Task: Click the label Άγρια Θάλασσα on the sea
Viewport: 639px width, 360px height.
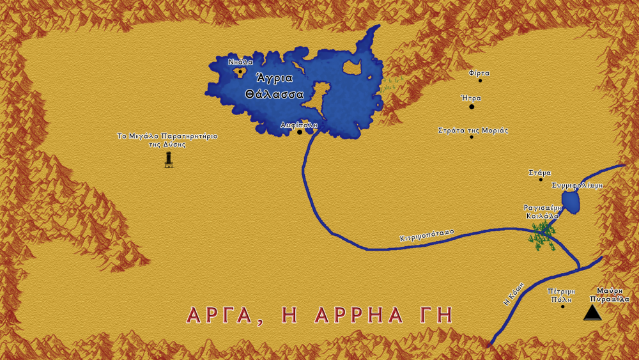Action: (274, 86)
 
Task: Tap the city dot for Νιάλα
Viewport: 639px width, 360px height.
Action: (240, 72)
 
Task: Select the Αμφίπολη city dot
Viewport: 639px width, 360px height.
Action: (299, 132)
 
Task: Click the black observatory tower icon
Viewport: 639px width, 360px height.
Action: (169, 160)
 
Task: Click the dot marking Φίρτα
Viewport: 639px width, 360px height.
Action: (480, 81)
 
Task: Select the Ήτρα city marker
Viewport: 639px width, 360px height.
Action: (472, 107)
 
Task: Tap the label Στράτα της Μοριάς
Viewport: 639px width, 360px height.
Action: (472, 130)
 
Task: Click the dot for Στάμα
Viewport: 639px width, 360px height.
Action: (541, 180)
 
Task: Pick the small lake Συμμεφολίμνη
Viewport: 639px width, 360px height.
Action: (571, 202)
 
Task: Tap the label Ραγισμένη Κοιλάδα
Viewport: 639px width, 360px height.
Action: (543, 212)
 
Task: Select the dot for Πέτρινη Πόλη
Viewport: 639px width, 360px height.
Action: (562, 306)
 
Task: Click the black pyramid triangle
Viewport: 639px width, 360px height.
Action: (593, 313)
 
